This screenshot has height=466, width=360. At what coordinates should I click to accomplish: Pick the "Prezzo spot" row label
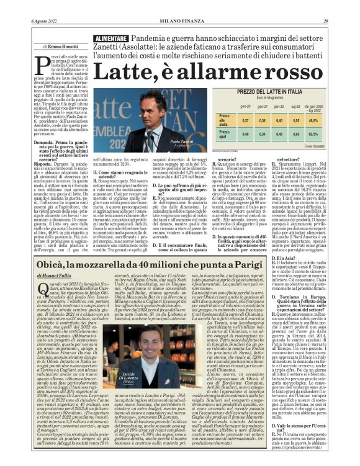(x=225, y=133)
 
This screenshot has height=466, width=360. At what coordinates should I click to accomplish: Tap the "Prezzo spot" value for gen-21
(x=263, y=133)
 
